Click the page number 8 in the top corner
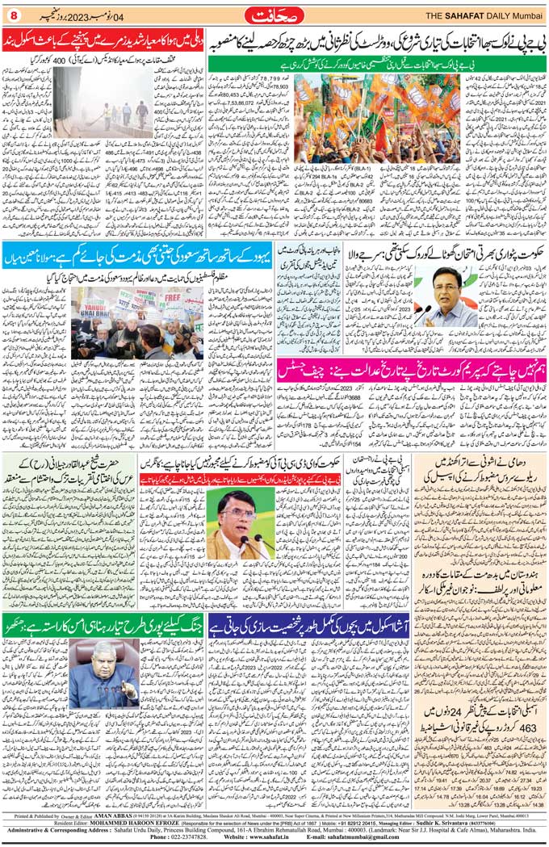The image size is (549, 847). [x=13, y=14]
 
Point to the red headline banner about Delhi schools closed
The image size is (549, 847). [x=103, y=40]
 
